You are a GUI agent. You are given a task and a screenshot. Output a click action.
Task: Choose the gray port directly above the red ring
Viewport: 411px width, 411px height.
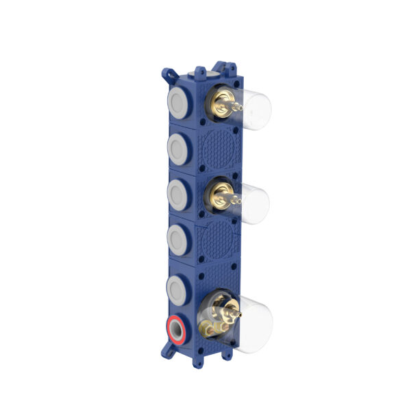tap(176, 285)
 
